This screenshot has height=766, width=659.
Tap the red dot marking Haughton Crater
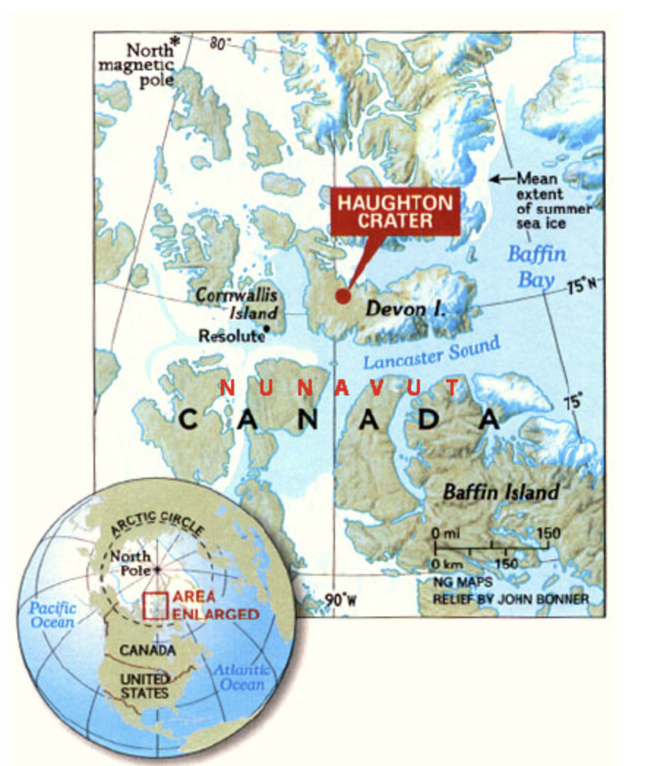click(x=342, y=296)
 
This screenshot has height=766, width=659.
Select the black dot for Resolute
click(x=267, y=329)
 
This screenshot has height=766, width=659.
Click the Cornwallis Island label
click(x=236, y=304)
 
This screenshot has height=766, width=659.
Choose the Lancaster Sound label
click(x=432, y=352)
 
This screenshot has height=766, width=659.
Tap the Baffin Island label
click(x=500, y=492)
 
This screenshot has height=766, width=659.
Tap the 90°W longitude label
click(x=340, y=601)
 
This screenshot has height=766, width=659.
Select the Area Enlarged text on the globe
click(x=215, y=606)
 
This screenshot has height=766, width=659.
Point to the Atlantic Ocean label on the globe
click(x=241, y=677)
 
